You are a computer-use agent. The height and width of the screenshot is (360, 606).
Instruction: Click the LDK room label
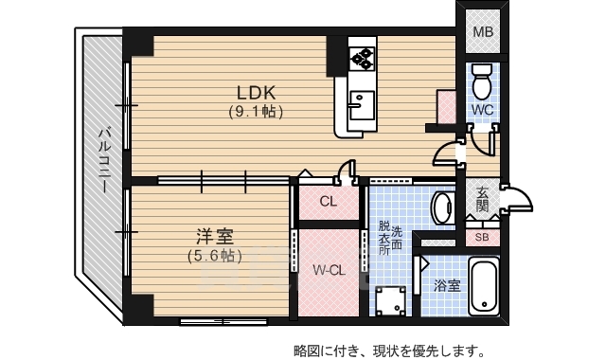(255, 93)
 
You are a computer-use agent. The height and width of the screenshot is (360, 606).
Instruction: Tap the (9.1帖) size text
(255, 112)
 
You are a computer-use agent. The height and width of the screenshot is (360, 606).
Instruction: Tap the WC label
(482, 110)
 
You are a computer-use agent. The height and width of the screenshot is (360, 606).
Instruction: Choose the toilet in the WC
(481, 81)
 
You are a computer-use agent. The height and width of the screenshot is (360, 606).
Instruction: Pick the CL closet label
(328, 202)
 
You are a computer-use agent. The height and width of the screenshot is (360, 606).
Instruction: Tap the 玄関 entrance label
(482, 198)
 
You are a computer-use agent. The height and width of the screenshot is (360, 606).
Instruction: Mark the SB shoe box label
(482, 238)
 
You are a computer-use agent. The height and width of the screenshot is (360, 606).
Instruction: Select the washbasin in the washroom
(442, 207)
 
